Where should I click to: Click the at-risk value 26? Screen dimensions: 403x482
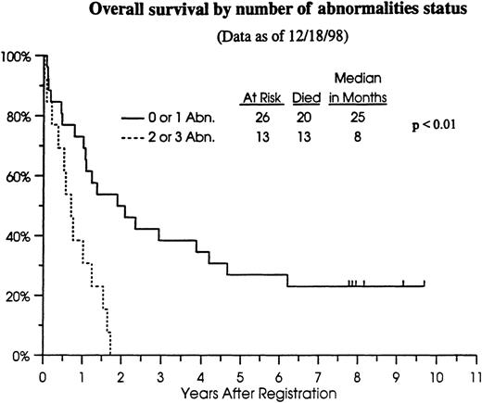point(260,119)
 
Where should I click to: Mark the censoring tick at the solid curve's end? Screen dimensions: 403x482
point(424,283)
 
